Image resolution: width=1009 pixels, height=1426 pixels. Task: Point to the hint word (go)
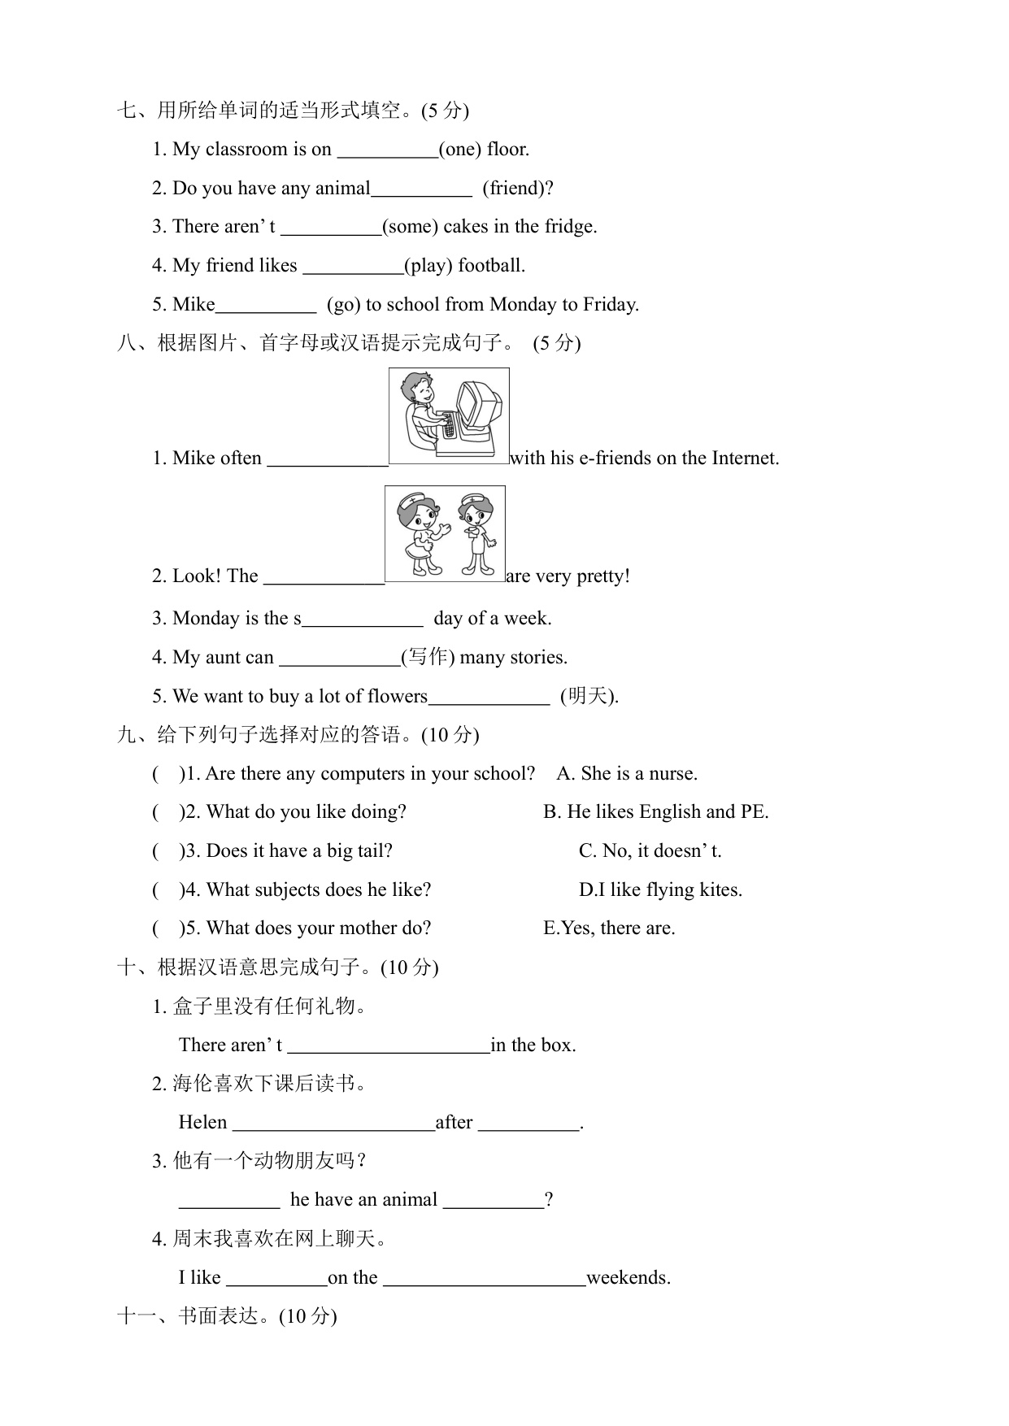[344, 305]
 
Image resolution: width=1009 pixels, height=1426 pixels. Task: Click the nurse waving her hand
[418, 533]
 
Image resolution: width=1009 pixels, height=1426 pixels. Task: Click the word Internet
[743, 459]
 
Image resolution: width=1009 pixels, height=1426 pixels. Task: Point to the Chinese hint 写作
[428, 657]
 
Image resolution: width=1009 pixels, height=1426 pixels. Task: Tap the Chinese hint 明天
[589, 696]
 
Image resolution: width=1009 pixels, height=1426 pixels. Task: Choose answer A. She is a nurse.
[627, 773]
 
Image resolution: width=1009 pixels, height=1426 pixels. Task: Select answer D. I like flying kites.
[660, 890]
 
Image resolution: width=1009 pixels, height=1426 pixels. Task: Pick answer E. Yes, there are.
[609, 928]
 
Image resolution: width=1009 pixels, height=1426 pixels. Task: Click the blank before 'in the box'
[389, 1046]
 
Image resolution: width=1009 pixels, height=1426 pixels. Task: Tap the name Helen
[202, 1123]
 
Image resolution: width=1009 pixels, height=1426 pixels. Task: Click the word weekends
[628, 1278]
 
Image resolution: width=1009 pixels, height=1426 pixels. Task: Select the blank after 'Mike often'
[328, 459]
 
